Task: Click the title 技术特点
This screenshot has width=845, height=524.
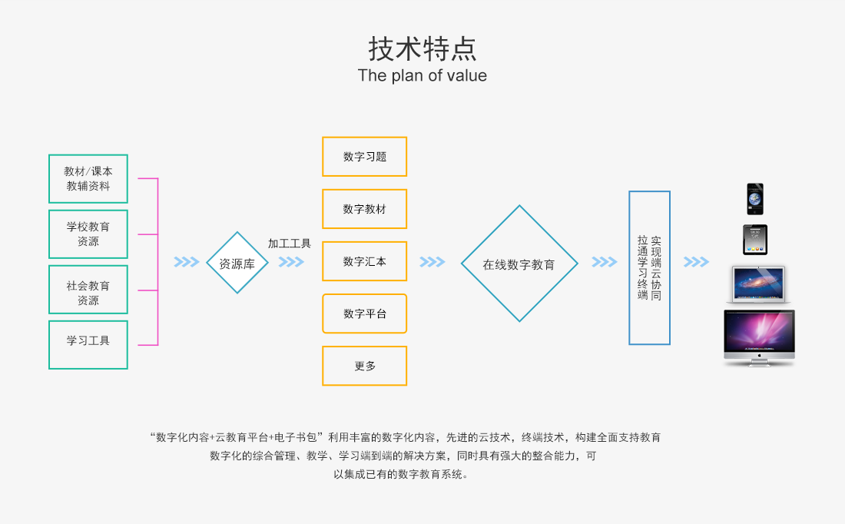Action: coord(422,49)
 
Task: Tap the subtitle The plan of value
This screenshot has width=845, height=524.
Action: coord(422,75)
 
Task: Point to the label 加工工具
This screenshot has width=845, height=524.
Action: coord(290,244)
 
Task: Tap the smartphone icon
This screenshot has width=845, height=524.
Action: coord(755,199)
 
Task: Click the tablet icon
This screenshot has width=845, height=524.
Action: coord(755,240)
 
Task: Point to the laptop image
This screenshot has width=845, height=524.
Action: coord(758,284)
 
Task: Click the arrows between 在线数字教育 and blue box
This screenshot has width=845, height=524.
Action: coord(604,262)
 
